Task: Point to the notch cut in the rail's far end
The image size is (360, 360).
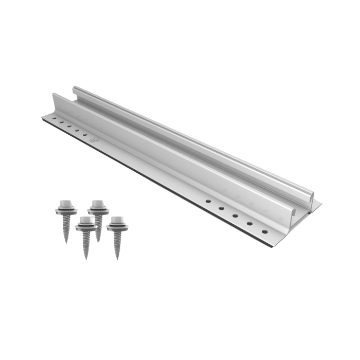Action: pyautogui.click(x=75, y=94)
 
